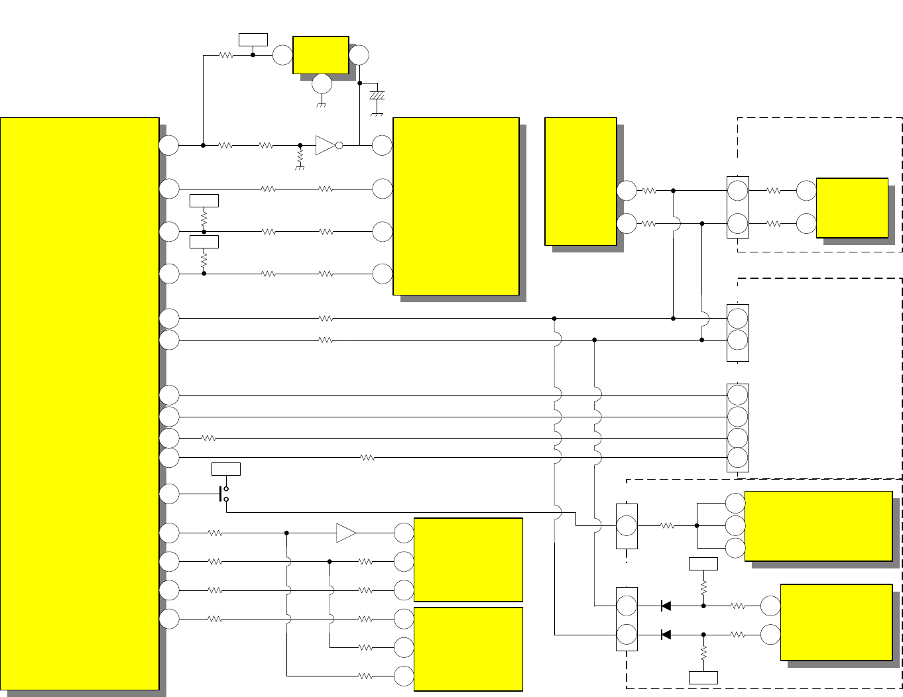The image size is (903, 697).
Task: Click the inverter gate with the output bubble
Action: (x=326, y=145)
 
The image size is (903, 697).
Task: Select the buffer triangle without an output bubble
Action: (x=345, y=533)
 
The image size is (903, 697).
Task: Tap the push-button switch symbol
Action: (x=223, y=494)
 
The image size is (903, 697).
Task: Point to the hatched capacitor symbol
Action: (x=377, y=96)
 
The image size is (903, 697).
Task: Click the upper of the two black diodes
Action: (x=666, y=606)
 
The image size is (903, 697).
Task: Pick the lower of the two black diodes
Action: (x=666, y=635)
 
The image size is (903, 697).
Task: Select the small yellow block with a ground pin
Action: (x=321, y=55)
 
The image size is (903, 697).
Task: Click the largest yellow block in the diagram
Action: (x=80, y=403)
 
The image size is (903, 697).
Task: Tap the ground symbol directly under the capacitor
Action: (x=377, y=113)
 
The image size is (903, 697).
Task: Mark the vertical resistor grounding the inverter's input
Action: (x=300, y=157)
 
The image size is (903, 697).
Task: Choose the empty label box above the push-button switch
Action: (x=226, y=469)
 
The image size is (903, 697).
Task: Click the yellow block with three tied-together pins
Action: (x=818, y=526)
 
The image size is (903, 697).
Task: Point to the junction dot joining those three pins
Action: (x=697, y=525)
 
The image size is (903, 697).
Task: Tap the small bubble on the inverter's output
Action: (x=339, y=145)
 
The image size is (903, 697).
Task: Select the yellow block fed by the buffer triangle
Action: (x=468, y=560)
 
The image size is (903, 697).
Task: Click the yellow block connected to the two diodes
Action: (x=836, y=622)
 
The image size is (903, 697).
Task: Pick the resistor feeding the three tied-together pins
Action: (x=667, y=525)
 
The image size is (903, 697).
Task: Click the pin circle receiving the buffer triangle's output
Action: (x=404, y=533)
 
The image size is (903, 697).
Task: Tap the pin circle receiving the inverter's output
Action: (x=382, y=145)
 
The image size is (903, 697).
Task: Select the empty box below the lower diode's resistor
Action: (x=703, y=678)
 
